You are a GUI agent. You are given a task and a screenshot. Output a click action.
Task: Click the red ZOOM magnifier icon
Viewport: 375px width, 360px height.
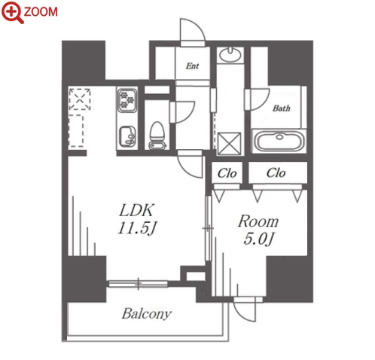[x=12, y=12]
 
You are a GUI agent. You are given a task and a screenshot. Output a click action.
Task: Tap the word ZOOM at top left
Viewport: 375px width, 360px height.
[x=41, y=12]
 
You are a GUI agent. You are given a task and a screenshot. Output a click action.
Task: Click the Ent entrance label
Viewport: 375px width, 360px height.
[x=192, y=66]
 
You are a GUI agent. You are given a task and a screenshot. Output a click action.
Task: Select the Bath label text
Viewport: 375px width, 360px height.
[x=282, y=108]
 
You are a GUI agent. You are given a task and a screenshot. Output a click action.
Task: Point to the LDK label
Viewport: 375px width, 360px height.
[x=136, y=210]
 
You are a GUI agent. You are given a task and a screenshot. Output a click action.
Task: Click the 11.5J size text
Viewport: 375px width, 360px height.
[x=137, y=228]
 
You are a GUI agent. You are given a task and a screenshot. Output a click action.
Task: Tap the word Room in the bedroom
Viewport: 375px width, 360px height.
[x=258, y=221]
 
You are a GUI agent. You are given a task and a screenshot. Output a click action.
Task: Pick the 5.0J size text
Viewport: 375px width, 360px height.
[x=258, y=239]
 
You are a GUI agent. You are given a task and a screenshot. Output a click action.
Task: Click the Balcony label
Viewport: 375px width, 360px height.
[x=147, y=314]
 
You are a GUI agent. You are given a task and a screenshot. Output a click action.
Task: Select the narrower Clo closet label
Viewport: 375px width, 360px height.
[x=227, y=173]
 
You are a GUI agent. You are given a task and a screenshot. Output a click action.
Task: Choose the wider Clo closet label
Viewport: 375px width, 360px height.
[x=276, y=172]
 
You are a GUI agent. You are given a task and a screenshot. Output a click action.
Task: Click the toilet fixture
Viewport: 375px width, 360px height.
[x=157, y=136]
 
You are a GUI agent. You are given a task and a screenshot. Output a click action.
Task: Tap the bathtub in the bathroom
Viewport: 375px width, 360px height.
[x=279, y=141]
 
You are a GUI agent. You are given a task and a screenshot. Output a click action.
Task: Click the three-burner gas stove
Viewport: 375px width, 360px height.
[x=127, y=100]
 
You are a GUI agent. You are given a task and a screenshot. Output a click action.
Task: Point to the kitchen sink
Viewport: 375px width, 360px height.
[x=127, y=137]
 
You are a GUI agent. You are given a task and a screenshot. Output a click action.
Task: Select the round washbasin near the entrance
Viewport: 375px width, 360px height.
[x=230, y=54]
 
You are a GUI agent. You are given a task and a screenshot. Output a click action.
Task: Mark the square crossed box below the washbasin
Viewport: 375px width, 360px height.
[x=230, y=143]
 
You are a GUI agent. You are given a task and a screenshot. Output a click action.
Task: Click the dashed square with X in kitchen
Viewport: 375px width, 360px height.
[x=80, y=99]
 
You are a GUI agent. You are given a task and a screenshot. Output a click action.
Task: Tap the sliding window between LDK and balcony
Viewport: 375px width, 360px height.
[x=139, y=284]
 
